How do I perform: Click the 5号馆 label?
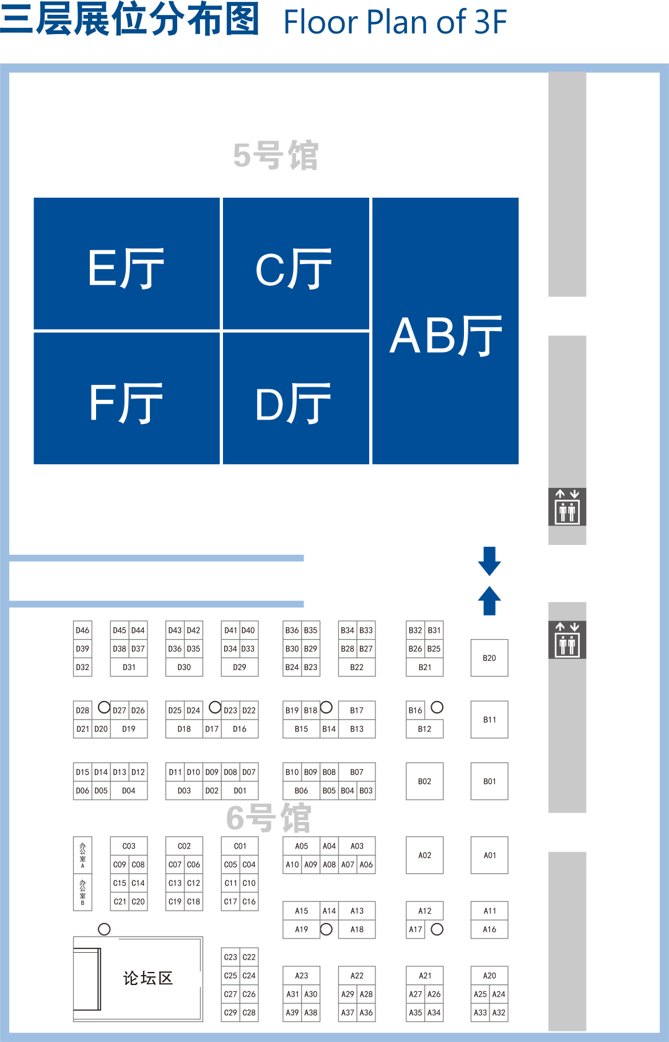coord(276,155)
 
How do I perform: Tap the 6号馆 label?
coord(269,818)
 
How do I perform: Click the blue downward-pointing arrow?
coord(489,560)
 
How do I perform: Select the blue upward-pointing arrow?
coord(489,600)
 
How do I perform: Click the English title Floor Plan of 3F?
coord(395,22)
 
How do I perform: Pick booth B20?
coord(489,658)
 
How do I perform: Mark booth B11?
coord(489,720)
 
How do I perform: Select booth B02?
coord(424,781)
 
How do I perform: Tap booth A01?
coord(489,855)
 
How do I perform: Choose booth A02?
coord(424,855)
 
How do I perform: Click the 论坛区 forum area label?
coord(147,978)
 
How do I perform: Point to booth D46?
coord(82,630)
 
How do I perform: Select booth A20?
coord(489,976)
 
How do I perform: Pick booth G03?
coord(129,846)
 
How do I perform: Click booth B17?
coord(357,710)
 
